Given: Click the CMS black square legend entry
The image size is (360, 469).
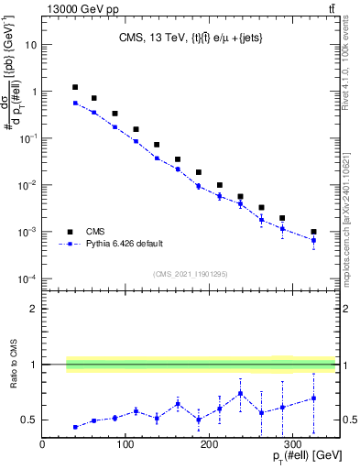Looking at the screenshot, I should tap(70, 232).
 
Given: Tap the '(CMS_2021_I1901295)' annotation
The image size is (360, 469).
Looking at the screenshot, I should tap(189, 274).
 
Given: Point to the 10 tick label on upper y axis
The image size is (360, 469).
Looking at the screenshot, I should tap(31, 44).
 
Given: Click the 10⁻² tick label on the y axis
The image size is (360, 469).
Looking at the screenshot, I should tap(27, 185).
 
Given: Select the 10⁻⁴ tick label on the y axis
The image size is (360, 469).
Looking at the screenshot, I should tap(27, 278).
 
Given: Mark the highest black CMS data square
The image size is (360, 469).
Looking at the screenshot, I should tap(75, 87).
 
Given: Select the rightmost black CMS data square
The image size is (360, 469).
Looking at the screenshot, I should tap(313, 232).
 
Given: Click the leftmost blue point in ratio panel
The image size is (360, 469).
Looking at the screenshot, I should tap(75, 427).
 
